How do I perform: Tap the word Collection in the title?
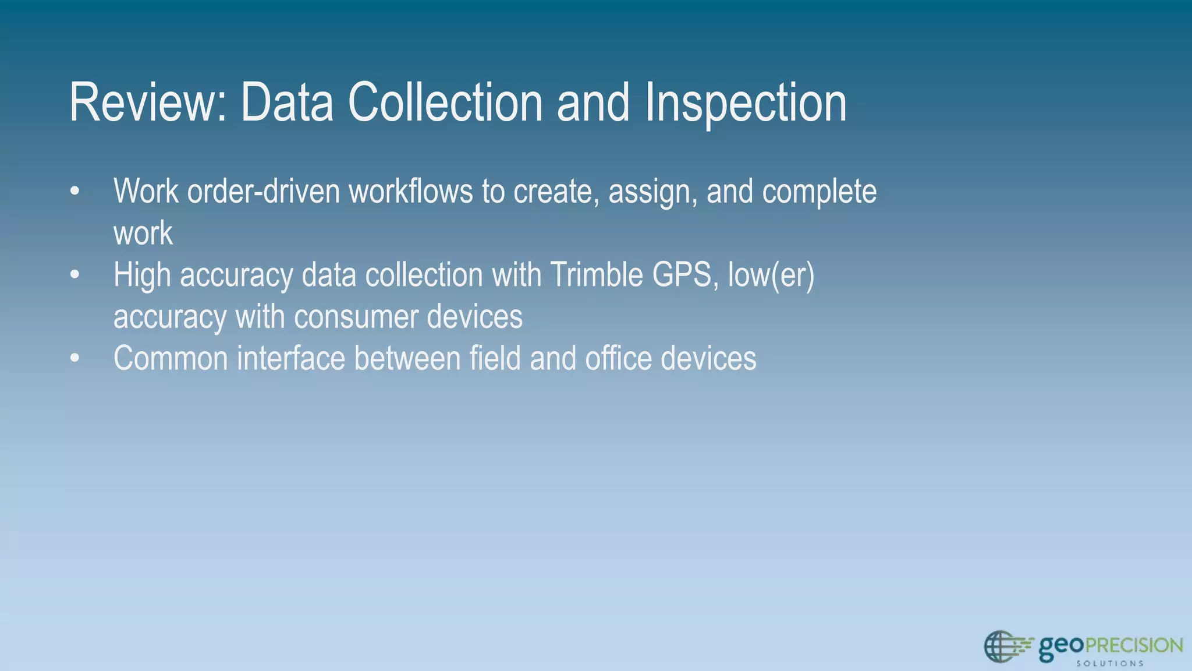pyautogui.click(x=446, y=103)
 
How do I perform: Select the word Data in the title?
pyautogui.click(x=287, y=103)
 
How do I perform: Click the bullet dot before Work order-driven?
pyautogui.click(x=74, y=192)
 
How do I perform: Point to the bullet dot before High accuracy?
pyautogui.click(x=74, y=275)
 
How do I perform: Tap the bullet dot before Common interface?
pyautogui.click(x=74, y=359)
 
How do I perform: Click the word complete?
pyautogui.click(x=819, y=193)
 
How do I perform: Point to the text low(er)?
pyautogui.click(x=771, y=275)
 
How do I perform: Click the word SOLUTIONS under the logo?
pyautogui.click(x=1110, y=663)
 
